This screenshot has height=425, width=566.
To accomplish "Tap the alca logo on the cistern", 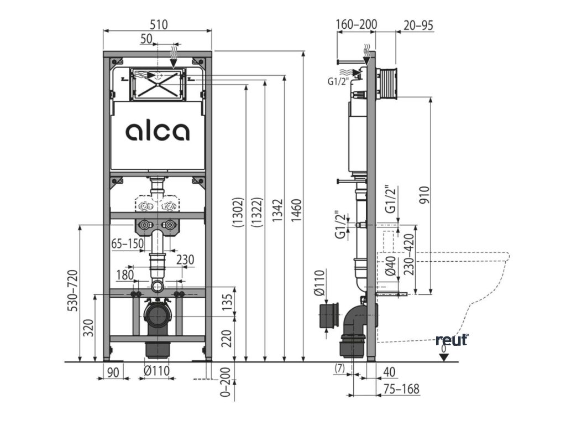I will (158, 131).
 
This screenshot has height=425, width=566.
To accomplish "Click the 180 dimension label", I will (125, 275).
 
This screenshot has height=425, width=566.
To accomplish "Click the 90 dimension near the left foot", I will (113, 371).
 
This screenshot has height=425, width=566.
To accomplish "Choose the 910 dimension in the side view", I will (424, 194).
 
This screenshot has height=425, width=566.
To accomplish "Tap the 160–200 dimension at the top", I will (356, 24).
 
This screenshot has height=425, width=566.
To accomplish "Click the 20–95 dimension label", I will (418, 24).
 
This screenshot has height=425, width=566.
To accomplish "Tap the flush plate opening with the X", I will (158, 84).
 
